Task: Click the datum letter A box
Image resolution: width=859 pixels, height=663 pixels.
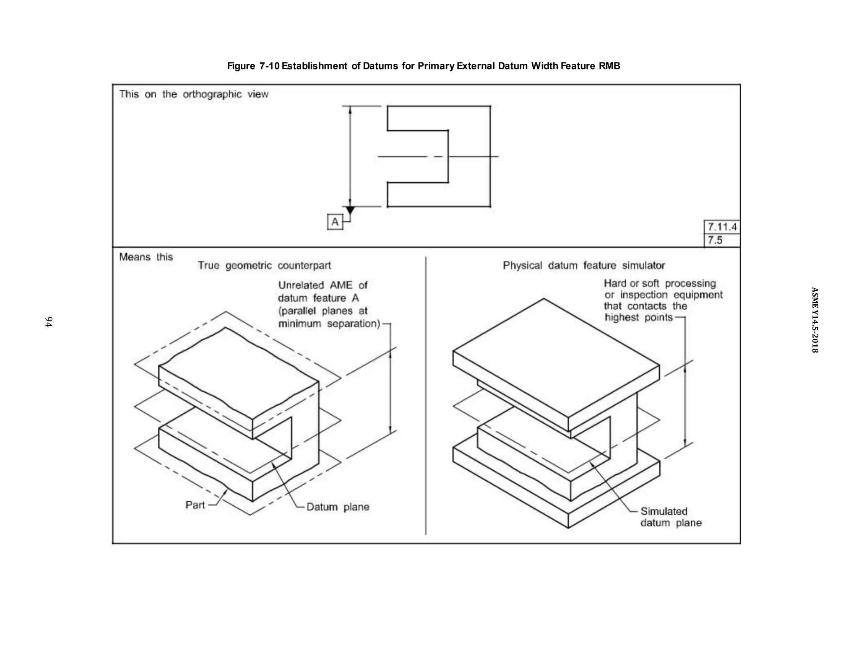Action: pos(335,222)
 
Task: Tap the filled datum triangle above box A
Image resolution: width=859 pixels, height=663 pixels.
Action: pos(350,210)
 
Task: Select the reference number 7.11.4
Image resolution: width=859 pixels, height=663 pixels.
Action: pos(722,227)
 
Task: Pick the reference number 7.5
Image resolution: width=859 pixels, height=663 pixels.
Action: pos(715,240)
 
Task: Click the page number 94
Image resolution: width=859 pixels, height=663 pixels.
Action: pos(49,322)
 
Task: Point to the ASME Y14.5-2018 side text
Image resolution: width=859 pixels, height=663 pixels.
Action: pos(814,320)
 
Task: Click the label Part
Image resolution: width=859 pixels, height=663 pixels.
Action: pos(195,505)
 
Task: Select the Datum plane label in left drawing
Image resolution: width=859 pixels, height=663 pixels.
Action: pos(338,507)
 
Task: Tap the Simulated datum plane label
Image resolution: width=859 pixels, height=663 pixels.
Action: pos(670,517)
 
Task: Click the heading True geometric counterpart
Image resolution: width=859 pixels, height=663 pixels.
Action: pos(264,266)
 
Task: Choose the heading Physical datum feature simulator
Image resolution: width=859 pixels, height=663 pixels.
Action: pos(583,266)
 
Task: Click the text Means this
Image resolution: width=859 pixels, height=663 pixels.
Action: pos(146,257)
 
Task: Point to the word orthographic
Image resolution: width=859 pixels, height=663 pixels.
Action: pos(212,94)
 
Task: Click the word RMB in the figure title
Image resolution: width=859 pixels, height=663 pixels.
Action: pos(609,66)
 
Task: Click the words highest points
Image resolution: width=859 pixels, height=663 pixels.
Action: pos(638,318)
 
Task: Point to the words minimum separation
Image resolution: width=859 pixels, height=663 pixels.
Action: pos(328,324)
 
